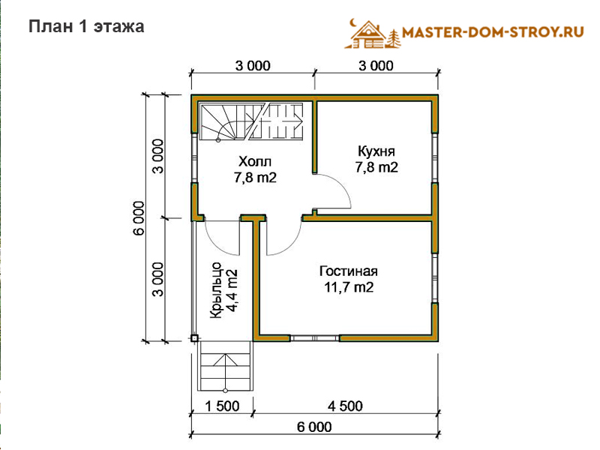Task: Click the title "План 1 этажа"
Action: click(x=86, y=27)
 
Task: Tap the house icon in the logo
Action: click(x=367, y=35)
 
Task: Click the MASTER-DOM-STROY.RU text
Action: click(x=493, y=32)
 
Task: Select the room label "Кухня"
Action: click(x=376, y=151)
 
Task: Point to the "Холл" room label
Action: click(x=255, y=161)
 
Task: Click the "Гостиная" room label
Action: click(x=349, y=271)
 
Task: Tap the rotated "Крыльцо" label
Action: click(x=216, y=290)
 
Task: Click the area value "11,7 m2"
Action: click(x=349, y=287)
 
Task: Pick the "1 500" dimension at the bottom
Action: click(x=222, y=406)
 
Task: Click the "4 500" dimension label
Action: click(x=345, y=406)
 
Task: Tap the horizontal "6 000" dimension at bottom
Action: click(x=314, y=427)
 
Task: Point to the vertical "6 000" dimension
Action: click(x=139, y=217)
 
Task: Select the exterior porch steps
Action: click(x=226, y=366)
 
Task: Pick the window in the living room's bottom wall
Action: click(x=314, y=338)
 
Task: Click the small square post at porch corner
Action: click(x=194, y=338)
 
